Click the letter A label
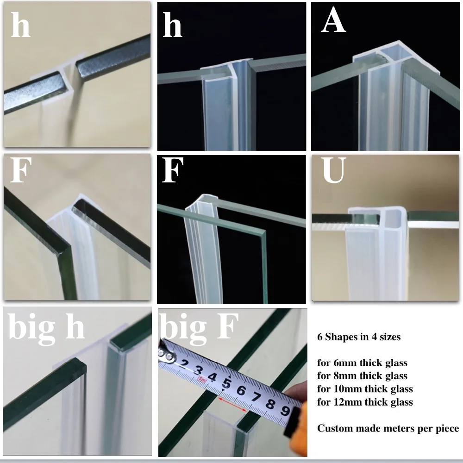coord(333,22)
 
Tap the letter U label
coord(334,172)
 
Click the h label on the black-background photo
coord(172,25)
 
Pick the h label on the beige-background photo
coord(20,25)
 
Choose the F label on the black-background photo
coord(171,172)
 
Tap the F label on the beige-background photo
coord(20,172)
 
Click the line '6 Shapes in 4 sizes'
coord(359,337)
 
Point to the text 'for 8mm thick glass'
coord(362,375)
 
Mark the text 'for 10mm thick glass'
coord(365,388)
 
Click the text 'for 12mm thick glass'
coord(365,402)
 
